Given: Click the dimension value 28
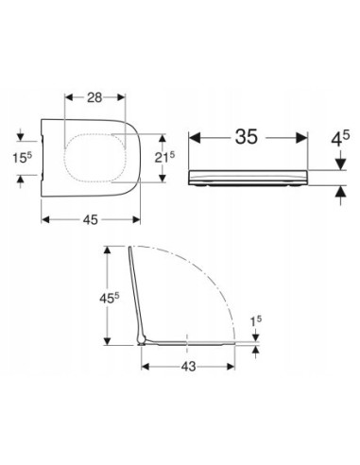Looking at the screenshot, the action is click(94, 97).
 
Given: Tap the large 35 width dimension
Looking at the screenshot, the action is click(247, 137).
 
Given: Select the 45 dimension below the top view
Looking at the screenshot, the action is click(91, 220).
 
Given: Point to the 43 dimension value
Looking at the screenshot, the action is click(188, 367).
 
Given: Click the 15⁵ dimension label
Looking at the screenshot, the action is click(23, 157).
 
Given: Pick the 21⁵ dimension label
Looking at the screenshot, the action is click(164, 157).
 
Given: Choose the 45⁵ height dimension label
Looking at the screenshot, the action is click(110, 298).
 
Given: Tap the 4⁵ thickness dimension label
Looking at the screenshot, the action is click(340, 139).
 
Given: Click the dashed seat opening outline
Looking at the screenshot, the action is click(64, 158).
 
